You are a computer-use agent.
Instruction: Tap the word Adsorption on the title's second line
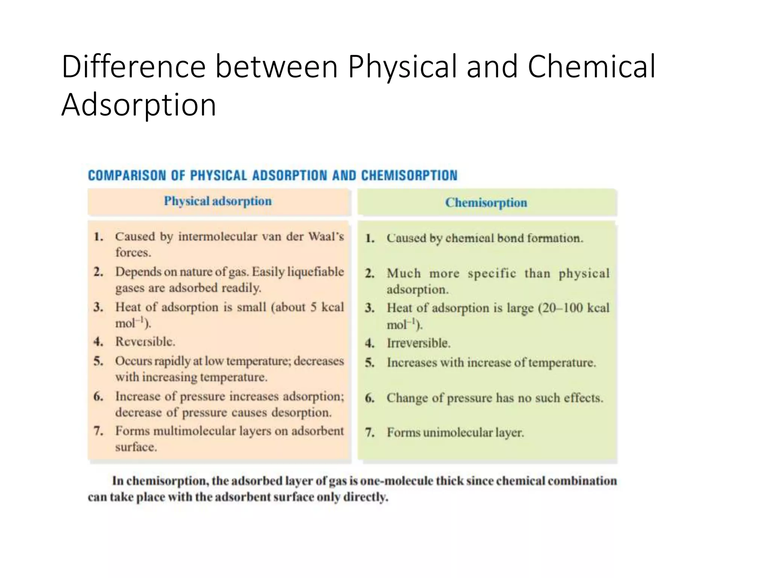pos(139,105)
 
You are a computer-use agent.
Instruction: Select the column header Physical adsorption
pos(218,201)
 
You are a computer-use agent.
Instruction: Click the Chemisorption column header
pos(486,203)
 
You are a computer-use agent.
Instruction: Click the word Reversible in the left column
pos(145,342)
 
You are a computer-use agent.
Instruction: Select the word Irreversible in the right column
pos(418,343)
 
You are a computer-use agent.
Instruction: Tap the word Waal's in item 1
pos(326,237)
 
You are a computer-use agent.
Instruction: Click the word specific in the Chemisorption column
pos(492,274)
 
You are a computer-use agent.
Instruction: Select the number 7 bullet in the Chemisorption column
pos(370,433)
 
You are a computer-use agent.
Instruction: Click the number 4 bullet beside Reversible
pos(98,342)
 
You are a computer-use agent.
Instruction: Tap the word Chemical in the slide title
pos(591,67)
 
